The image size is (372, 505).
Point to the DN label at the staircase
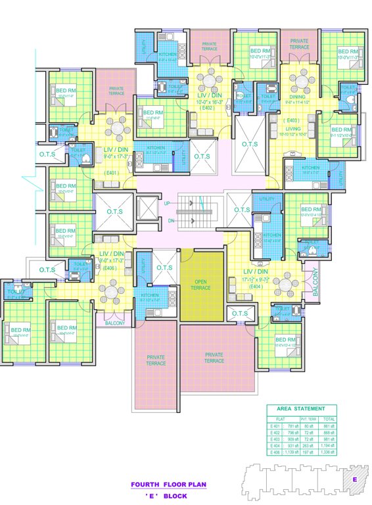[170, 220]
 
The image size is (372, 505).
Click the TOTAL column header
[329, 418]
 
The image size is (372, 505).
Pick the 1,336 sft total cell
[329, 452]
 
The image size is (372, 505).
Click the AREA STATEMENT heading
[305, 408]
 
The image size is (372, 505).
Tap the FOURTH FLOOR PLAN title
[168, 484]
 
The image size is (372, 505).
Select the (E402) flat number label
[208, 107]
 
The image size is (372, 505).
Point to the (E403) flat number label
[293, 120]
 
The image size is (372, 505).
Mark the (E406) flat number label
[110, 268]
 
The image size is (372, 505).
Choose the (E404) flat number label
[256, 286]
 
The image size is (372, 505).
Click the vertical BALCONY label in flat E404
[315, 281]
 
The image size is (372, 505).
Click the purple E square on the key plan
[354, 479]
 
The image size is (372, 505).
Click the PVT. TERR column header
[308, 418]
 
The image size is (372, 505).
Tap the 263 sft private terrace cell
[308, 444]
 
